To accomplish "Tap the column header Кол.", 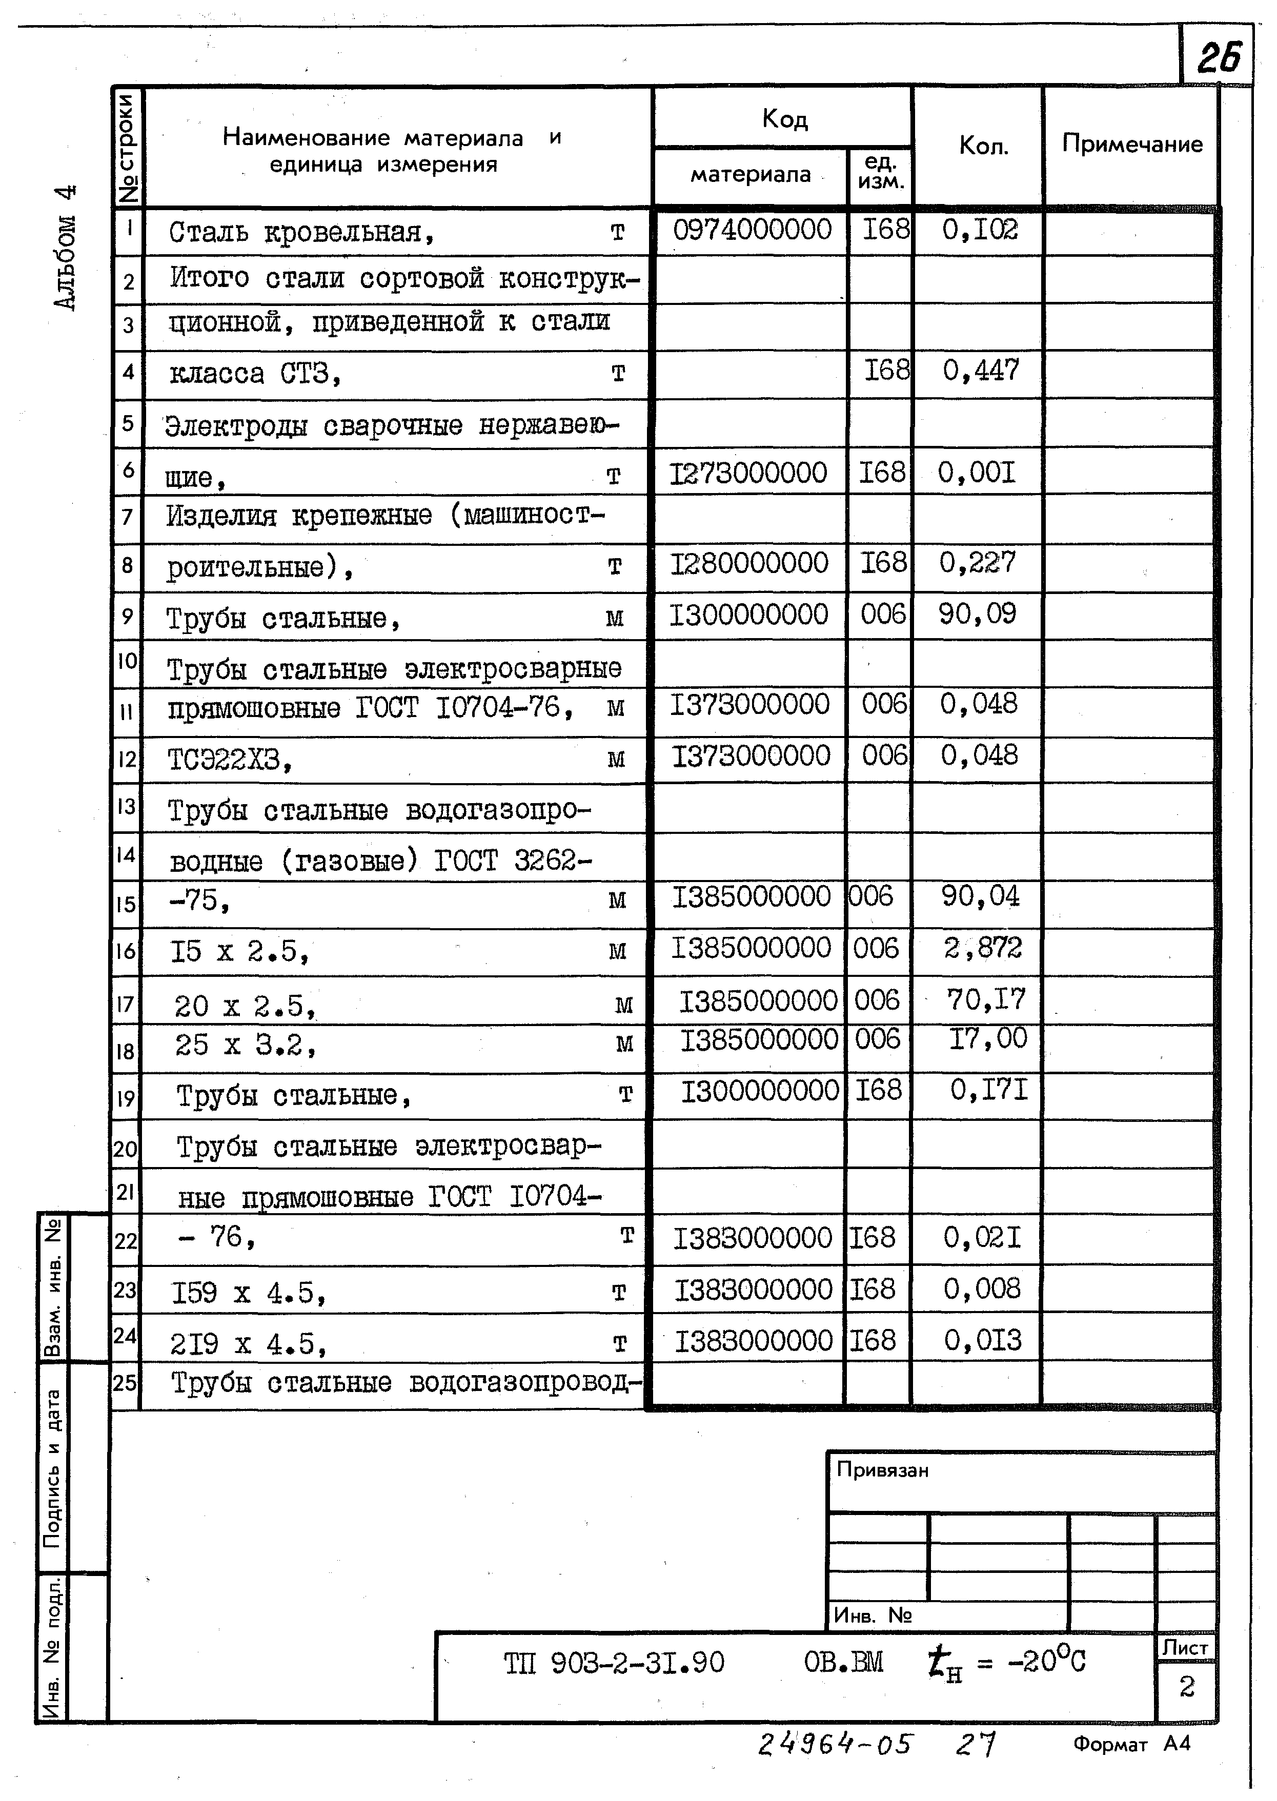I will pos(983,146).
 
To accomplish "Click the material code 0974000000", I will pos(752,230).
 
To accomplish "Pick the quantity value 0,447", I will pos(981,370).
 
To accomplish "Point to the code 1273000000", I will pos(748,473).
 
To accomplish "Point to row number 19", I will pos(126,1098).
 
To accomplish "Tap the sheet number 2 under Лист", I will pos(1186,1686).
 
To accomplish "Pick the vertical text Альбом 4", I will pos(66,248).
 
